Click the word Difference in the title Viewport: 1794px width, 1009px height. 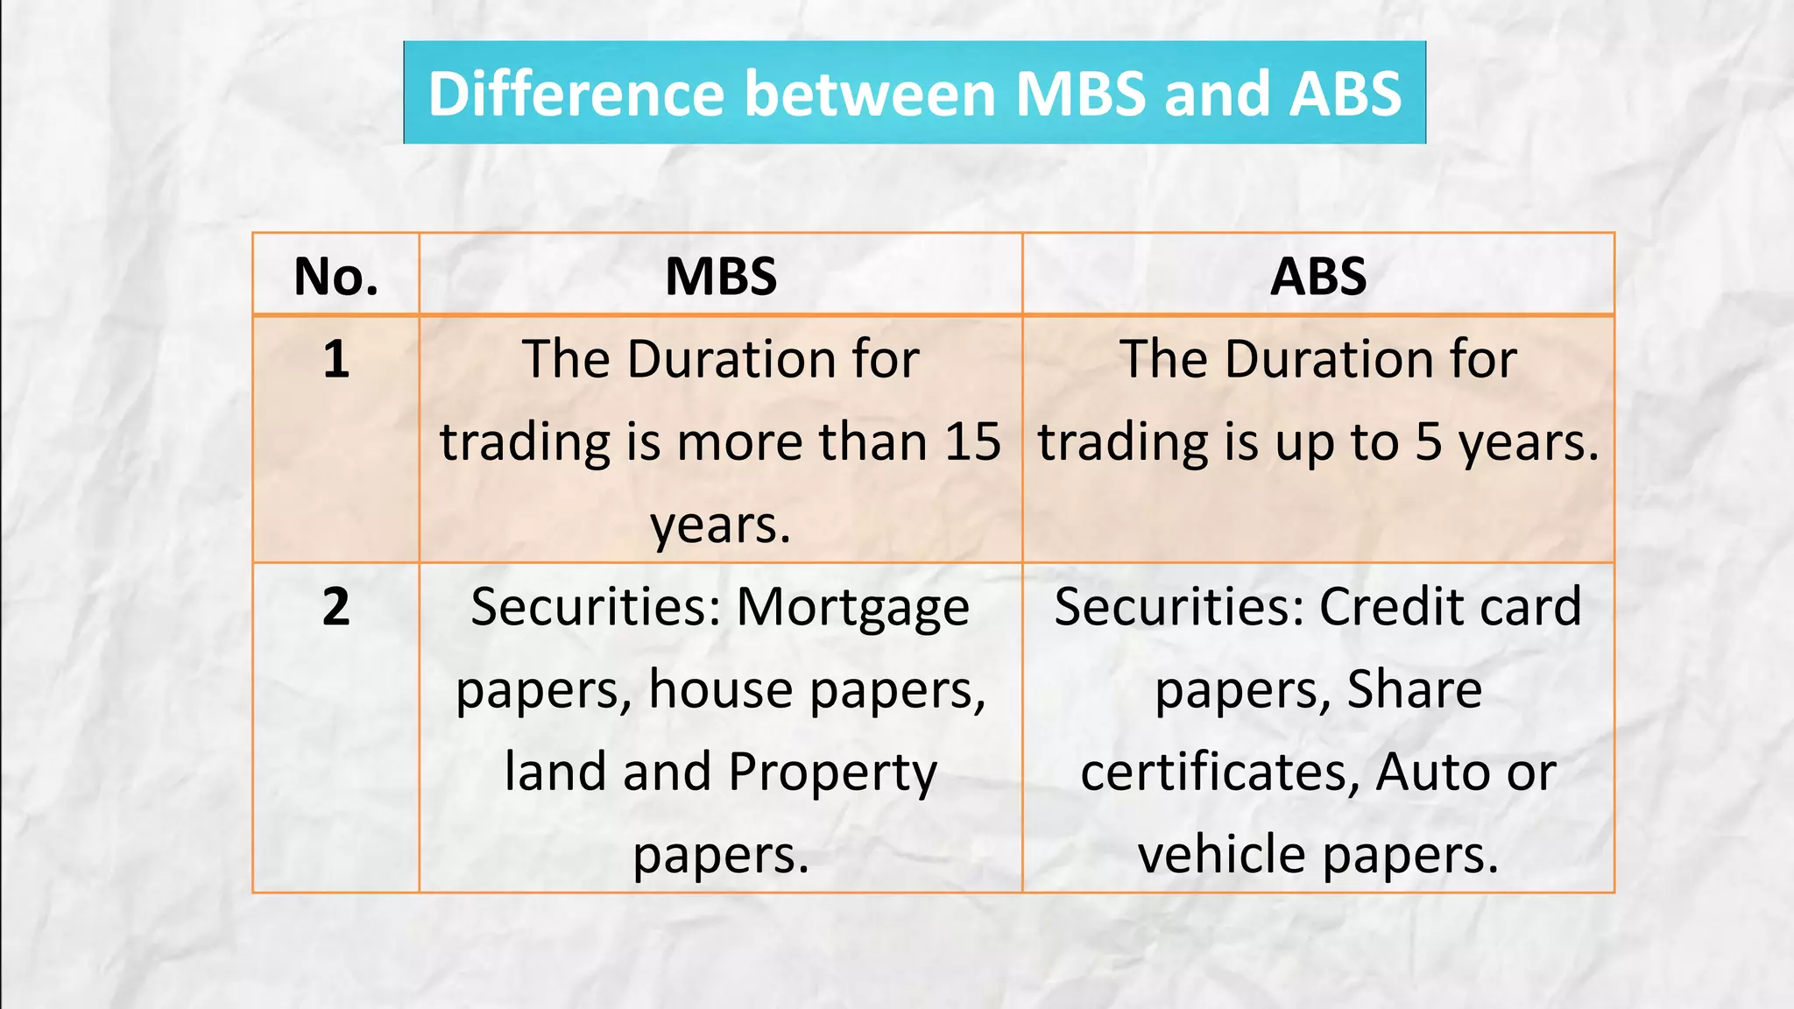(576, 94)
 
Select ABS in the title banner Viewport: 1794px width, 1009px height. (1345, 94)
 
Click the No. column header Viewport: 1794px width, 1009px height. (336, 277)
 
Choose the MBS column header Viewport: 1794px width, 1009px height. (721, 277)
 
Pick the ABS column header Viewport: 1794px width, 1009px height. (1318, 277)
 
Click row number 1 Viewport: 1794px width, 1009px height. (336, 359)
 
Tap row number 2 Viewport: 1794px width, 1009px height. (336, 606)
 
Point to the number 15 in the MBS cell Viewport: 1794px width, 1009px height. (972, 441)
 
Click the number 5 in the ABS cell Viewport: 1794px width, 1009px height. (1428, 441)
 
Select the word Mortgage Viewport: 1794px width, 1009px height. (852, 608)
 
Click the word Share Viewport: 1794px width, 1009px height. (1414, 689)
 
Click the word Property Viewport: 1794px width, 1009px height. (832, 773)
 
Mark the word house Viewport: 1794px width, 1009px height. (721, 689)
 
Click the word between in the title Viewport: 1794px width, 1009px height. (870, 94)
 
